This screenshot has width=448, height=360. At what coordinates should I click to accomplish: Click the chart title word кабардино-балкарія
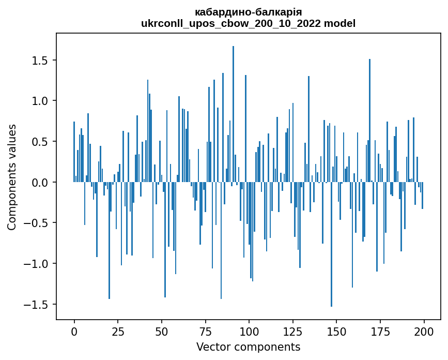click(248, 12)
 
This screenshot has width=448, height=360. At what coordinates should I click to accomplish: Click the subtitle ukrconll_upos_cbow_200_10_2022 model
click(248, 23)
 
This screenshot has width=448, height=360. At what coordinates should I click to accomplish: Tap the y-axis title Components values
click(12, 176)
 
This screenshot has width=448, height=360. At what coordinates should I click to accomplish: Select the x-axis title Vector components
click(248, 347)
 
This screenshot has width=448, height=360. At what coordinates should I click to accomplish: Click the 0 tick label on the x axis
click(74, 331)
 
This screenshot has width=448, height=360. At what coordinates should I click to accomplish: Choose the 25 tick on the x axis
click(118, 331)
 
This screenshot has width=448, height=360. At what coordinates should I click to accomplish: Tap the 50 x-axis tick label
click(162, 331)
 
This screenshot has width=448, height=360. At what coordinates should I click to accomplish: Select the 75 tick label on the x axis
click(205, 331)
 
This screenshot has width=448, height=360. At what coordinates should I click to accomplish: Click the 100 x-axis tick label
click(249, 331)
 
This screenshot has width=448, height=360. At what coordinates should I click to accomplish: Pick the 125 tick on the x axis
click(293, 331)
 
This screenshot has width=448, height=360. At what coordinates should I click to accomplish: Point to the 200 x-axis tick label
click(424, 331)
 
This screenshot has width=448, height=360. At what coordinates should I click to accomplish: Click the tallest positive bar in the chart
click(233, 114)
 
